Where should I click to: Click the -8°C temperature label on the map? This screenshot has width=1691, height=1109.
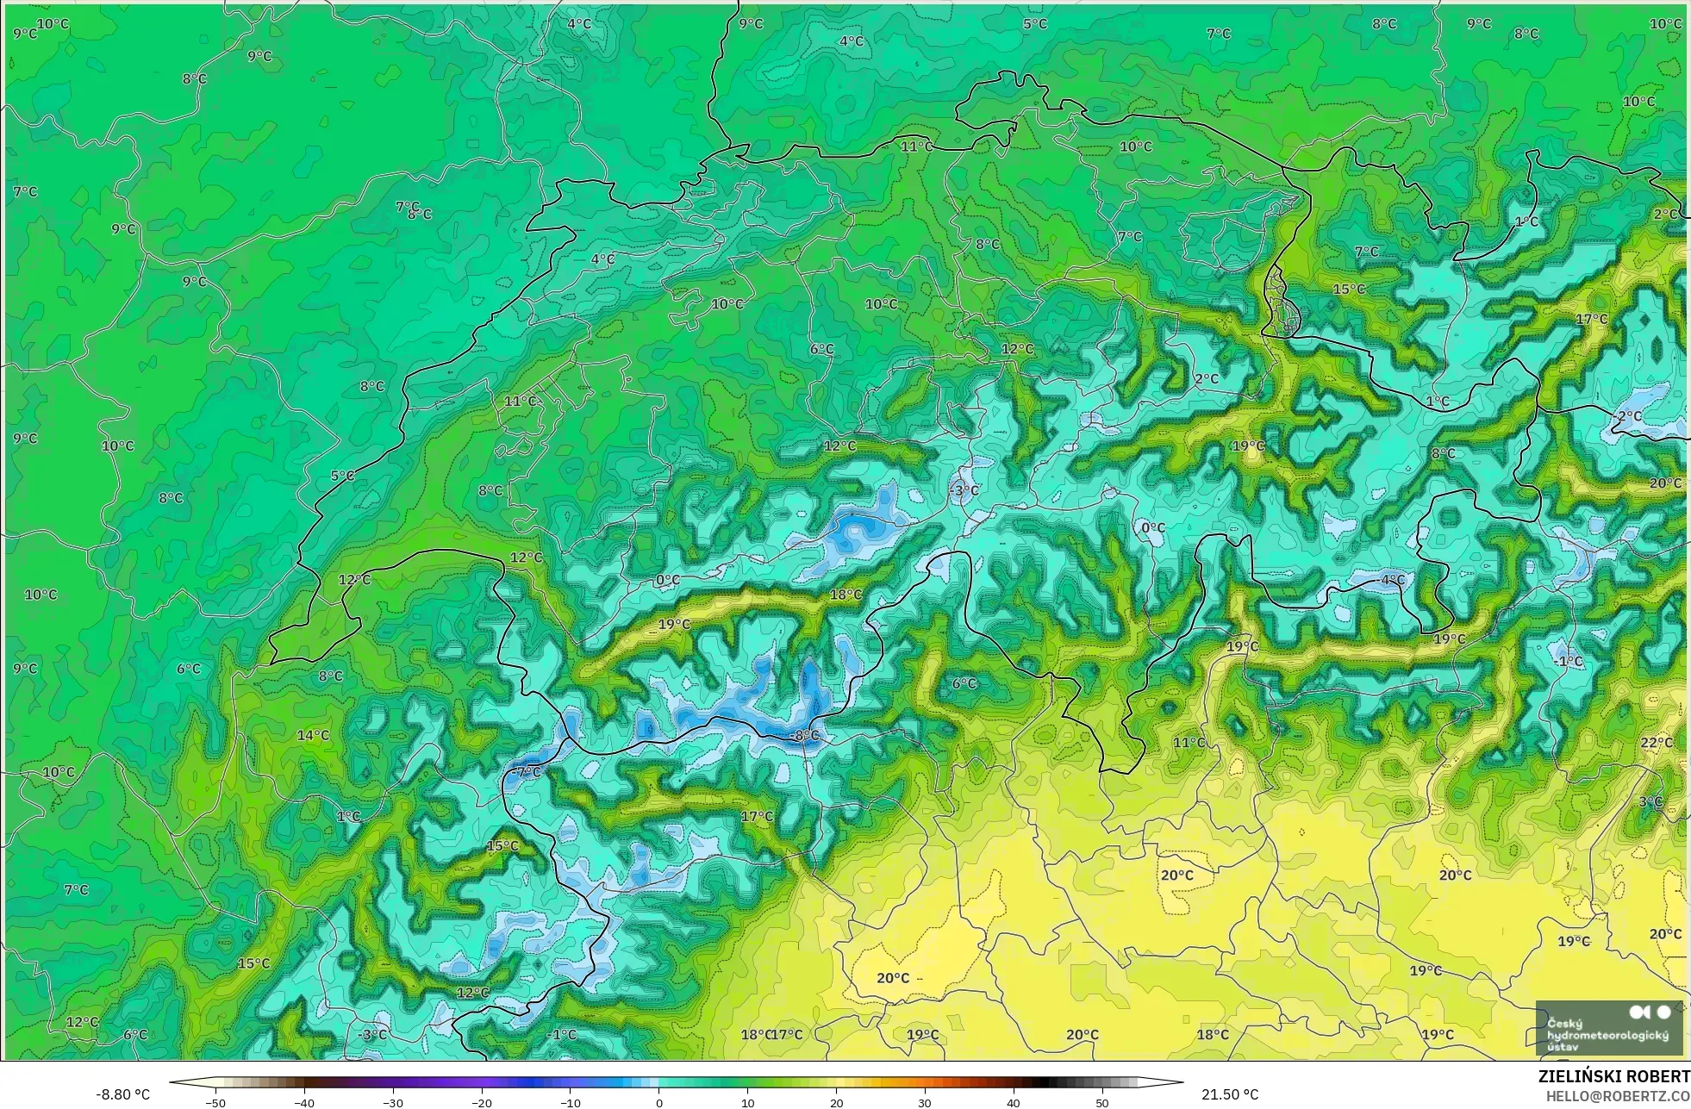(x=805, y=735)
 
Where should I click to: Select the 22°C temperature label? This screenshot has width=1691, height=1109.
(x=1656, y=743)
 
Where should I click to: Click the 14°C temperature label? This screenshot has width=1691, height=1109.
(x=313, y=735)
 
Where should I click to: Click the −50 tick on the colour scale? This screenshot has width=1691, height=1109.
(x=215, y=1102)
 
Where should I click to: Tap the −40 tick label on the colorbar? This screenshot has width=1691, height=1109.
(x=304, y=1102)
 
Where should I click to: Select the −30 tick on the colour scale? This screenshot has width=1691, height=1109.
(x=393, y=1102)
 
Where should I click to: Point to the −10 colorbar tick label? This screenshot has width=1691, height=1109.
(x=570, y=1102)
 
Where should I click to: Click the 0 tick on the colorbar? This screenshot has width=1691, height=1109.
(x=659, y=1102)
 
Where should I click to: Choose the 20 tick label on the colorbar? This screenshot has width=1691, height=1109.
(x=836, y=1102)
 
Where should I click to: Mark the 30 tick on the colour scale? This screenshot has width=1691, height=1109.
(x=925, y=1102)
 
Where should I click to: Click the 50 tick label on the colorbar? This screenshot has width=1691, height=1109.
(x=1102, y=1102)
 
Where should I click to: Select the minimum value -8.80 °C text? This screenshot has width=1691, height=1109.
(x=122, y=1094)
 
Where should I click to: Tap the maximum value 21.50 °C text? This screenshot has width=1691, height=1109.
(x=1230, y=1094)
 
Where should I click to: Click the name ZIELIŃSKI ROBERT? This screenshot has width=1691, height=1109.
(x=1613, y=1076)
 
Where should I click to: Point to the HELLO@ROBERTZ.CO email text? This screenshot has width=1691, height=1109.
(x=1617, y=1096)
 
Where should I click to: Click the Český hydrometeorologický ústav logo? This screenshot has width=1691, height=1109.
(x=1608, y=1027)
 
